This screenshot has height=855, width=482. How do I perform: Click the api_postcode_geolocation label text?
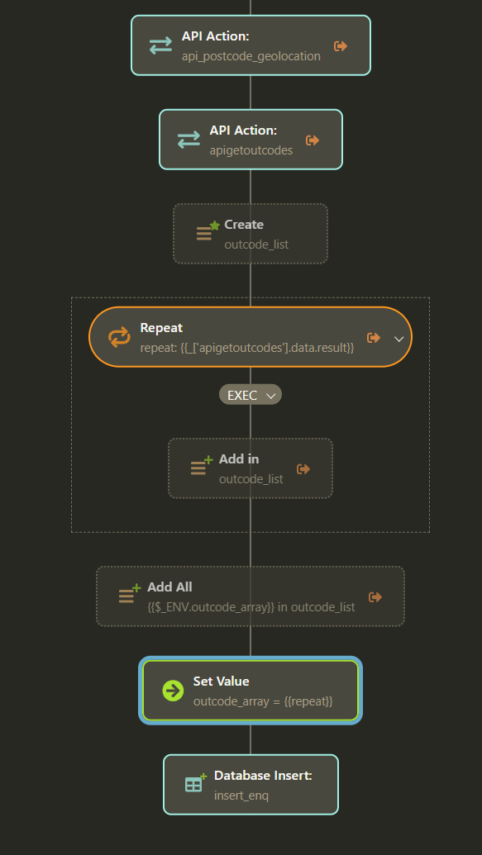click(251, 56)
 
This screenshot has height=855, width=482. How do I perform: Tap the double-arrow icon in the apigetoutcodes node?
click(189, 140)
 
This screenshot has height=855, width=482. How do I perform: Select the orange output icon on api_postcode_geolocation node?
click(341, 46)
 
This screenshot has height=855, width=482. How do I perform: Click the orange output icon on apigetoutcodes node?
click(313, 140)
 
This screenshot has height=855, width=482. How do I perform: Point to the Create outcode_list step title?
click(244, 225)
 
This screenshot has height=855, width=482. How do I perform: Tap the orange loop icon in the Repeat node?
click(119, 337)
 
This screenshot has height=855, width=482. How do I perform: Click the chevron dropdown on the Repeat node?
click(399, 339)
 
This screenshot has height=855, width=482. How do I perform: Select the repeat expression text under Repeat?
click(247, 347)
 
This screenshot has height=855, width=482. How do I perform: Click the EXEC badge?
click(251, 395)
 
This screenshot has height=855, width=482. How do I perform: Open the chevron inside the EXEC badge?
click(270, 396)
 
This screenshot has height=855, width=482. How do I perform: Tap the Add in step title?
click(239, 459)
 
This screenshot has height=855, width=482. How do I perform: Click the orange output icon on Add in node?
click(303, 469)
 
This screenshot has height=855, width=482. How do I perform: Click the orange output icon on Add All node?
click(375, 597)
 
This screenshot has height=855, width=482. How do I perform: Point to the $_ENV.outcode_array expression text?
click(212, 607)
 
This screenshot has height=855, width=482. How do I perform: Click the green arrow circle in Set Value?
click(173, 691)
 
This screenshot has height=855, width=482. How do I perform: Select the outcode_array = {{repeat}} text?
click(263, 701)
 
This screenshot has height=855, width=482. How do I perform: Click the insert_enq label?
click(241, 796)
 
